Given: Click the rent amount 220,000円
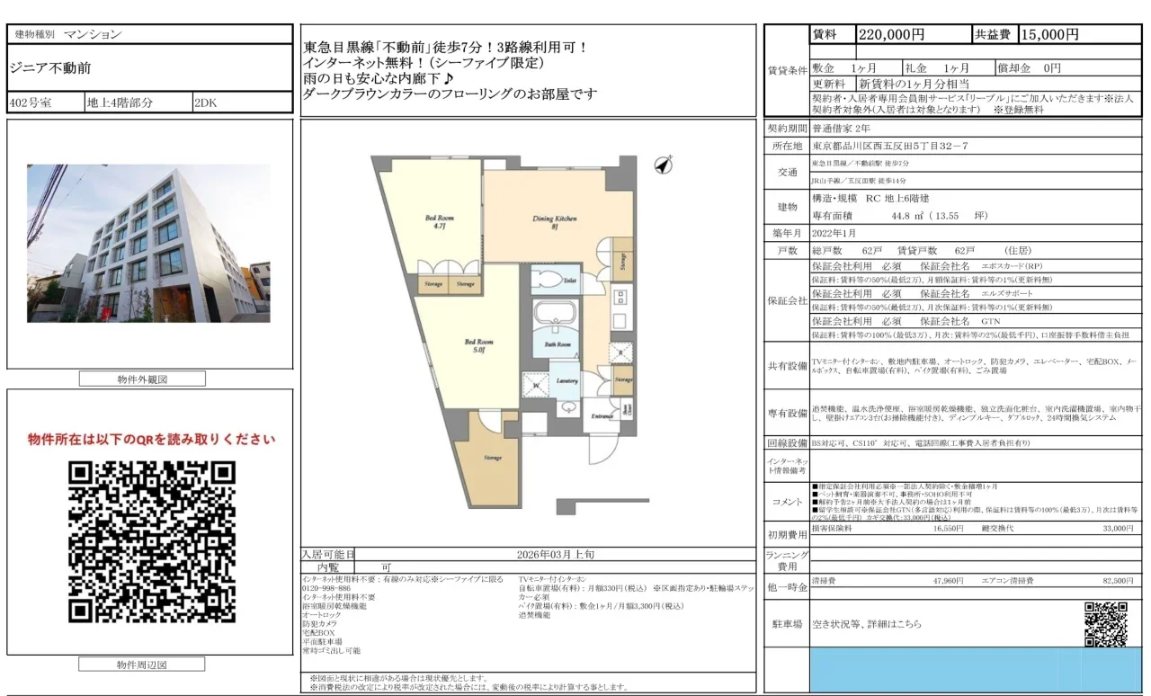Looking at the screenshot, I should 891,35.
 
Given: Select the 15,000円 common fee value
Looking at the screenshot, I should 1049,35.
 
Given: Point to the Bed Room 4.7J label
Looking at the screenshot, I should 438,222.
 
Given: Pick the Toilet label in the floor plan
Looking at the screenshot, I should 569,280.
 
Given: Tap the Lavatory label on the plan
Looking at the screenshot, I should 567,381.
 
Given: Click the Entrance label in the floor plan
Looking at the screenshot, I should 602,416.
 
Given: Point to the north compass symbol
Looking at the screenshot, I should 665,165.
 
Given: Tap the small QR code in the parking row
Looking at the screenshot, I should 1105,623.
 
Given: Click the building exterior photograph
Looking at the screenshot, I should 148,243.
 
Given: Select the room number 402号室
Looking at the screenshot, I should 31,103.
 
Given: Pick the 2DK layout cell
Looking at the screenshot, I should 207,103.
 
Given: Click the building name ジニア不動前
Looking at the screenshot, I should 50,67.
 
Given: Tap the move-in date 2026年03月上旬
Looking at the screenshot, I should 555,555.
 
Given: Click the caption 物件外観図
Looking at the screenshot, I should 141,379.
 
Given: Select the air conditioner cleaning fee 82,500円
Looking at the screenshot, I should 1111,582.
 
